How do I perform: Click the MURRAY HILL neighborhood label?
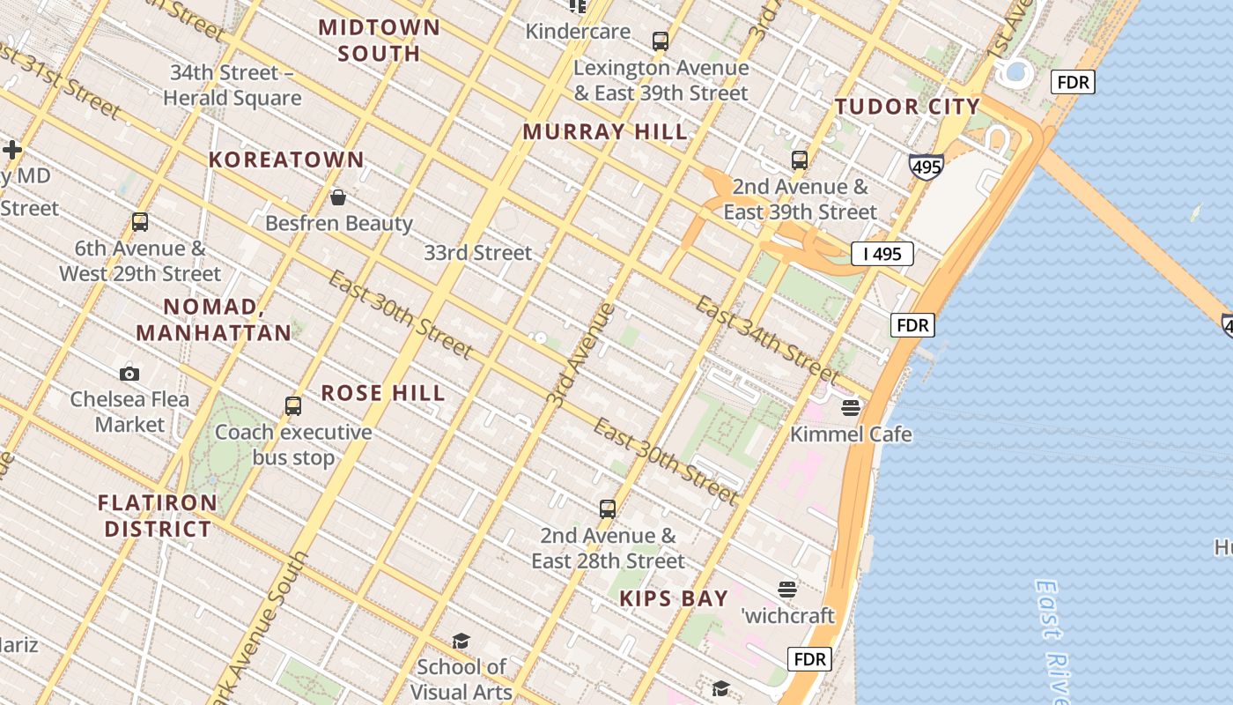605,132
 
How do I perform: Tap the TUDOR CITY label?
907,108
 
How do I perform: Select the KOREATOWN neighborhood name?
286,160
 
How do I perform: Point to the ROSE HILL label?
383,393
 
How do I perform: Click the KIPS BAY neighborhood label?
674,599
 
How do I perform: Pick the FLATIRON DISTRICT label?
158,516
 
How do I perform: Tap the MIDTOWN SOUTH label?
380,40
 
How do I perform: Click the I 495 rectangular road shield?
882,255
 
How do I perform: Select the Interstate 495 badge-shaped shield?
927,166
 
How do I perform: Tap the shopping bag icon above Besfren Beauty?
337,197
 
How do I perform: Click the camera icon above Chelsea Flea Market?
129,374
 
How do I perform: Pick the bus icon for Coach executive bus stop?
293,406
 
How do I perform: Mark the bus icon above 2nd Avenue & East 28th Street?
608,508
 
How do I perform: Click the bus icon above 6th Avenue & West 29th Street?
140,222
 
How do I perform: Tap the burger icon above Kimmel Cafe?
850,407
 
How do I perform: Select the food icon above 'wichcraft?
787,589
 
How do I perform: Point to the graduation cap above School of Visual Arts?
461,641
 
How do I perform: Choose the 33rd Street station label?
478,253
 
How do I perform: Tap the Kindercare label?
578,32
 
